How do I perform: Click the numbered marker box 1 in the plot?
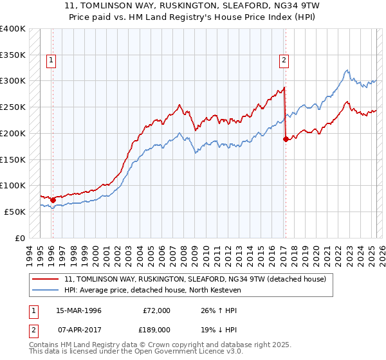(51, 61)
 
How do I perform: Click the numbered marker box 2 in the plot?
(284, 61)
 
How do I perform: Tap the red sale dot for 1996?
(53, 200)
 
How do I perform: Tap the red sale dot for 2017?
(285, 138)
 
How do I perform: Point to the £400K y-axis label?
(13, 29)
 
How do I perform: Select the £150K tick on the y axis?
(13, 159)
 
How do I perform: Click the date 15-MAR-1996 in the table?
(79, 310)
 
